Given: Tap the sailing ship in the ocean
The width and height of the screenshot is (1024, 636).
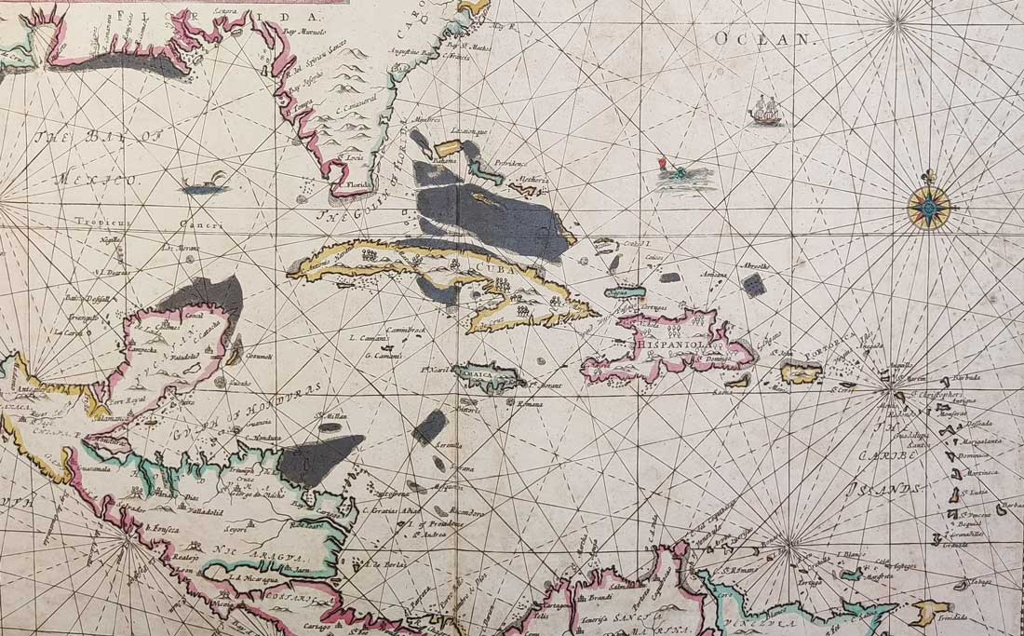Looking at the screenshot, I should coord(765,110).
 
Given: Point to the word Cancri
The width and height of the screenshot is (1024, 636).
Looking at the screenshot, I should coord(202,224).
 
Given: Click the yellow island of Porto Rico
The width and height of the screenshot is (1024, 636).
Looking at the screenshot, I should coord(801,373).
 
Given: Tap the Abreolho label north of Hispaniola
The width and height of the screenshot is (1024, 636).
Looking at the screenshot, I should coord(755,265).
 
